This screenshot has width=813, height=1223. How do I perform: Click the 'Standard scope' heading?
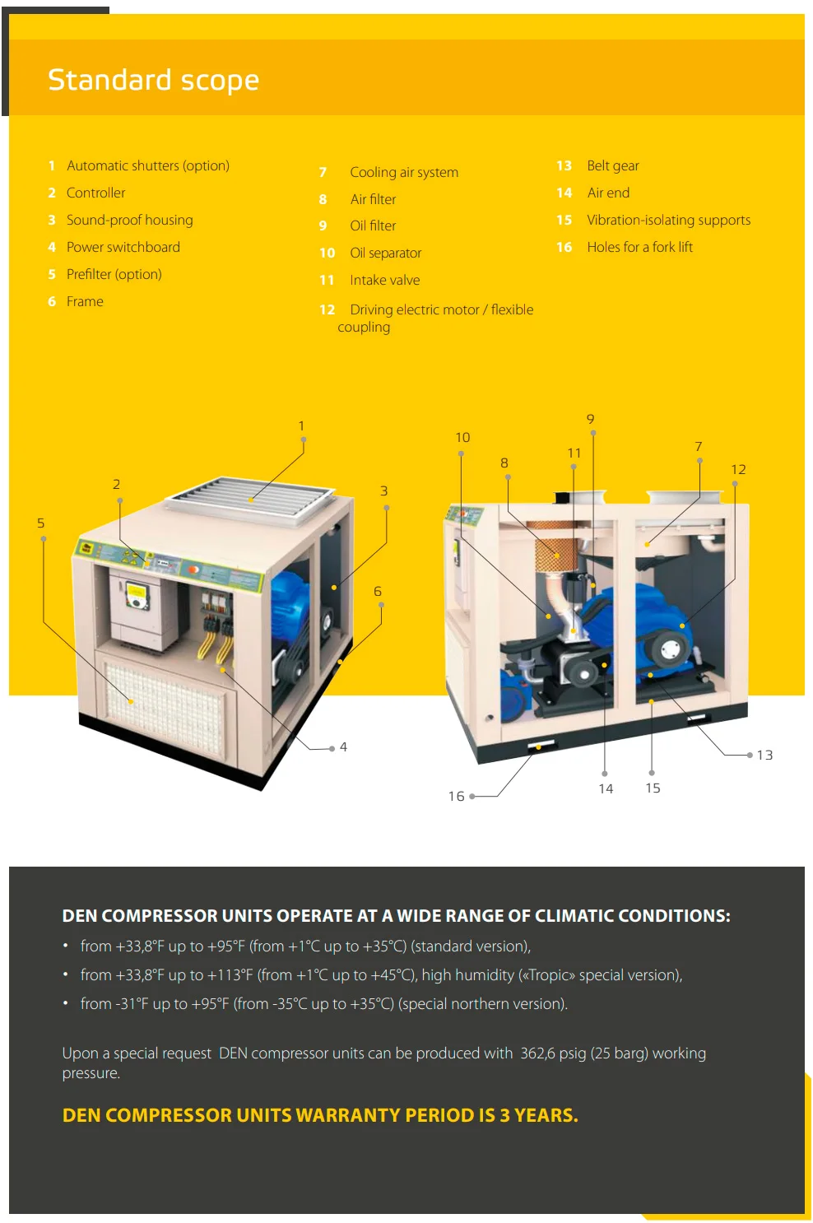(153, 80)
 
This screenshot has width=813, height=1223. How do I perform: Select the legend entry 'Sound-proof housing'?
(129, 220)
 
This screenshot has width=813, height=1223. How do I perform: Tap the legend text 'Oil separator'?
(385, 253)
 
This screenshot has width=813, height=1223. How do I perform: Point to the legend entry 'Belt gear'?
(612, 165)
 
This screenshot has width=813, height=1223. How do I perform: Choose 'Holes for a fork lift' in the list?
(639, 247)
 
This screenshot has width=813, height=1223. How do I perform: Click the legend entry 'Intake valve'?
(384, 280)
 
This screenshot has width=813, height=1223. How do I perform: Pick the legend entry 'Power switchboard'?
(123, 247)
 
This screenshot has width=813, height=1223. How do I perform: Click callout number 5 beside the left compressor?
(41, 523)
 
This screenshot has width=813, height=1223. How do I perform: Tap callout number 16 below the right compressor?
(456, 796)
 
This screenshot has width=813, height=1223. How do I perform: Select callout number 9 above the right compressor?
(590, 419)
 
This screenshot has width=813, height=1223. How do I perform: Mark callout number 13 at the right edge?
(764, 755)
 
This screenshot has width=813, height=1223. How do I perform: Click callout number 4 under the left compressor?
(343, 747)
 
